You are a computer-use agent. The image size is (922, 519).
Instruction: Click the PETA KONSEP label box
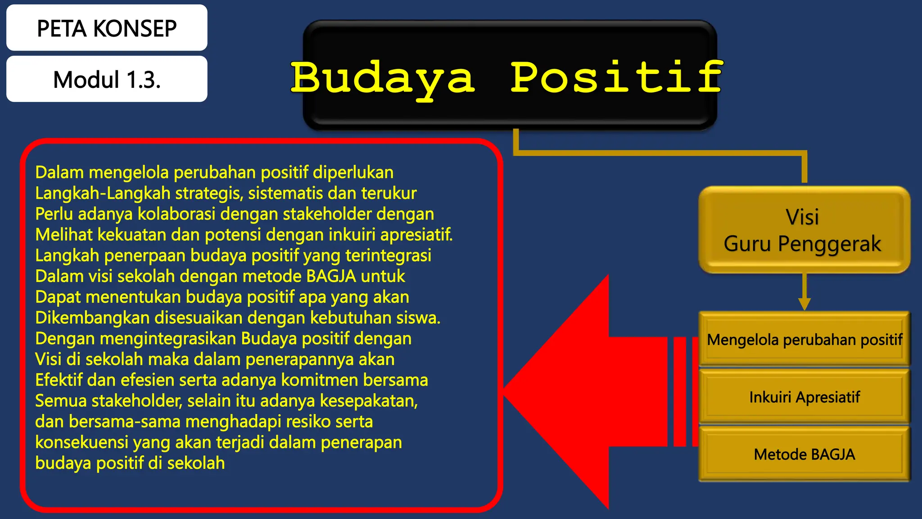click(x=107, y=28)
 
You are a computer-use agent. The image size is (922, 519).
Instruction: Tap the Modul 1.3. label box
click(x=107, y=79)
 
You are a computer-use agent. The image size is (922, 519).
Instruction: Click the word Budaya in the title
click(x=383, y=77)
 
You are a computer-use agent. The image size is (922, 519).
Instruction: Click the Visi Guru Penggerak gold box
click(x=804, y=230)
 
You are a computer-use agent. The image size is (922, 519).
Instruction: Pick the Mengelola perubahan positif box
click(x=804, y=340)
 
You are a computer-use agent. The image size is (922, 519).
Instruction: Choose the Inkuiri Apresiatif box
click(x=804, y=397)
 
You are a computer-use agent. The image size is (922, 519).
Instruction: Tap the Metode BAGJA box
click(x=804, y=454)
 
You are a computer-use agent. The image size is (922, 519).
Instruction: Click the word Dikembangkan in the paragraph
click(x=92, y=318)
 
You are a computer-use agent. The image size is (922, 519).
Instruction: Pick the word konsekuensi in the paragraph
click(x=81, y=442)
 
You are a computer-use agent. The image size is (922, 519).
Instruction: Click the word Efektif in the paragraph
click(x=59, y=380)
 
